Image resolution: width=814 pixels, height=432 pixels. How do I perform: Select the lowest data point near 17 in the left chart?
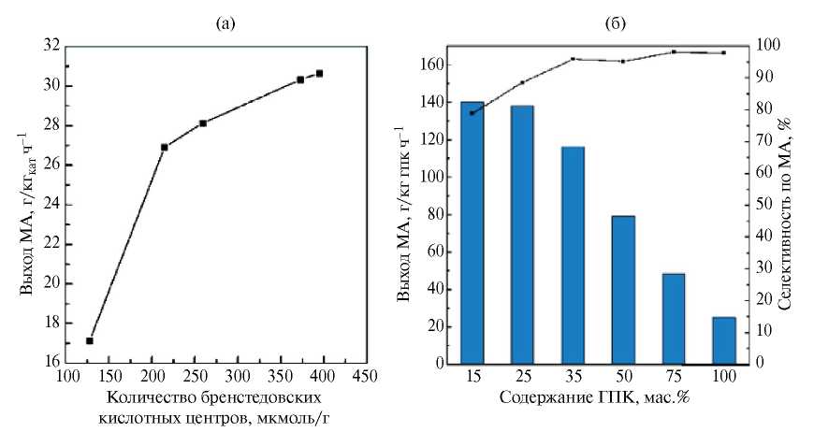click(x=90, y=340)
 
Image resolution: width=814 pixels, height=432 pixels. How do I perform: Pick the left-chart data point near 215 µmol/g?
click(x=165, y=147)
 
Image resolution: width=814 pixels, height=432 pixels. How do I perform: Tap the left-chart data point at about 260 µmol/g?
click(x=202, y=123)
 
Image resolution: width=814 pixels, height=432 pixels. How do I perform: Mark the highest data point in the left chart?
click(x=319, y=73)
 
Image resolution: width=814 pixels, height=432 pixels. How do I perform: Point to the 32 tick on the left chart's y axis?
click(x=51, y=46)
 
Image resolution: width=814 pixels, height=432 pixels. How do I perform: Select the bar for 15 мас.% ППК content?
click(x=472, y=233)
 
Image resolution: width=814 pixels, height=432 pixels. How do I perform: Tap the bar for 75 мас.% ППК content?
click(x=674, y=319)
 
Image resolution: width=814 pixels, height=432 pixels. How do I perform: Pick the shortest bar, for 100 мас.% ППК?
click(x=724, y=340)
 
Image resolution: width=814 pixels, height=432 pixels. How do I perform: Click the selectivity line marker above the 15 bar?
click(x=472, y=113)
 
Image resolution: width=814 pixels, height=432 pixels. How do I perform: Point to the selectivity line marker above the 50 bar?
click(x=623, y=62)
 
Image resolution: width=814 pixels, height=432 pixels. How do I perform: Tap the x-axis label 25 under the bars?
click(x=522, y=376)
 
